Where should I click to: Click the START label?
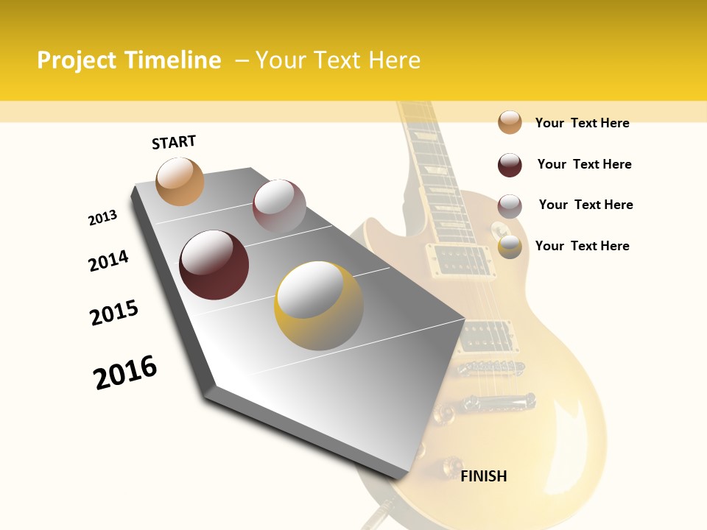[x=174, y=142]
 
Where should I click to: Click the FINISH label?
[x=484, y=476]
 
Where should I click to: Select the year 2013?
[x=102, y=218]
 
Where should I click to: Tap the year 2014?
[x=108, y=261]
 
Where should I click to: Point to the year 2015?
[x=114, y=313]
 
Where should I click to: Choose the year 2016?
[x=125, y=372]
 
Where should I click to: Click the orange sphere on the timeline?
[x=180, y=181]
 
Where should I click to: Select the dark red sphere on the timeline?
[x=214, y=265]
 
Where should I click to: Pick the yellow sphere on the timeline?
[x=319, y=305]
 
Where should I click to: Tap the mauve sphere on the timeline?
[x=279, y=206]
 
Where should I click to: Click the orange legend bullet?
[x=510, y=122]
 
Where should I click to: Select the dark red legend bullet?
[x=510, y=165]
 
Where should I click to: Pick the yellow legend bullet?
[x=510, y=247]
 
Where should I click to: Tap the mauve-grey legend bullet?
[x=510, y=205]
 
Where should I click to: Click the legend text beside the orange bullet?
[x=582, y=123]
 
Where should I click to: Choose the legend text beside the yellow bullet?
[x=582, y=246]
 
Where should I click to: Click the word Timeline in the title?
[x=173, y=60]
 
